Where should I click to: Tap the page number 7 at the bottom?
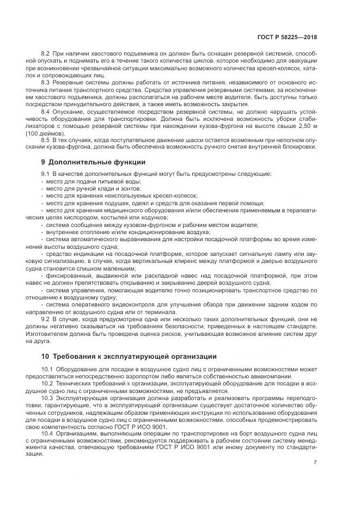tap(315, 463)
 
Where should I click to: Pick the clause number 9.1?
tap(46, 174)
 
